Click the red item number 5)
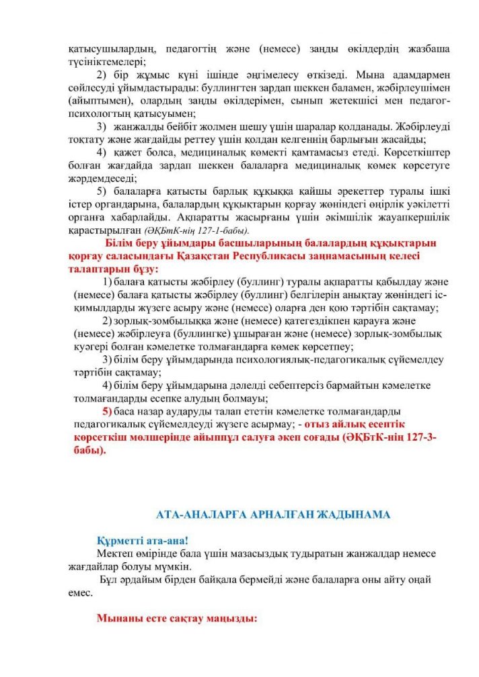coord(106,410)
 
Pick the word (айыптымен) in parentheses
coord(98,99)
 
